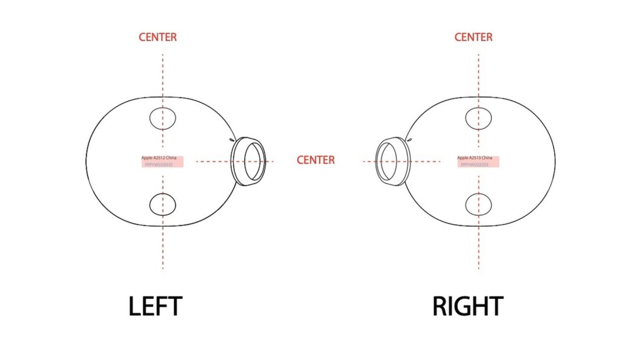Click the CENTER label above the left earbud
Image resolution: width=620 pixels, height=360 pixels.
(157, 38)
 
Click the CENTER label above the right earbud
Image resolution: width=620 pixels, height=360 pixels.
(473, 38)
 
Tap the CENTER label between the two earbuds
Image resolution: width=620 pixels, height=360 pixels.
(315, 160)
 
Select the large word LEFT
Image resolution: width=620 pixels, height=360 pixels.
(155, 307)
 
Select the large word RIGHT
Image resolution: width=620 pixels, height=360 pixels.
(467, 307)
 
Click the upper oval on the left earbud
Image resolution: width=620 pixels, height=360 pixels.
(162, 117)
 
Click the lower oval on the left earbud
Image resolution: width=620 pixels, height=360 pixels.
(162, 205)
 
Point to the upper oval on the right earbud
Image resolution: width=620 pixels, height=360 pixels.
(478, 117)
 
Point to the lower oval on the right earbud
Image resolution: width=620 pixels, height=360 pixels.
(478, 205)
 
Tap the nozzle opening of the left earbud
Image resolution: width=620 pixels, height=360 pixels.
(254, 162)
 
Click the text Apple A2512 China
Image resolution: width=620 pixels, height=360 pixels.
(159, 157)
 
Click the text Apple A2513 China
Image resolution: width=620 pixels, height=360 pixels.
(475, 157)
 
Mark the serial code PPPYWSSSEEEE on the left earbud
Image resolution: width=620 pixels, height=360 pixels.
(159, 164)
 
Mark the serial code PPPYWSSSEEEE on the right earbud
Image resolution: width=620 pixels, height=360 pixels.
(475, 164)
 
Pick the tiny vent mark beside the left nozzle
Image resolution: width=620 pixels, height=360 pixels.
(231, 140)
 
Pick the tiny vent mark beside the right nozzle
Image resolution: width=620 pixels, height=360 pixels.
(410, 140)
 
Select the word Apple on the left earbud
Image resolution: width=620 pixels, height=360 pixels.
(147, 157)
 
